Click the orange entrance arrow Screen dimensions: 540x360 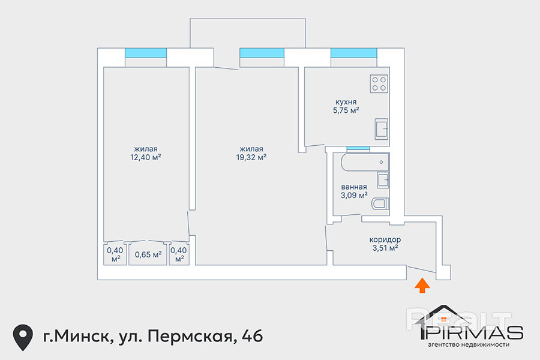pyautogui.click(x=422, y=286)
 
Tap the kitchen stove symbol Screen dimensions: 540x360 pyautogui.click(x=379, y=84)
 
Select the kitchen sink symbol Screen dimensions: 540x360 pyautogui.click(x=381, y=129)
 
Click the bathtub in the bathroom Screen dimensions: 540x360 pyautogui.click(x=365, y=162)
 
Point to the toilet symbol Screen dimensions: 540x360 pyautogui.click(x=380, y=203)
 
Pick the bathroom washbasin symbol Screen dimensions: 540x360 pyautogui.click(x=383, y=180)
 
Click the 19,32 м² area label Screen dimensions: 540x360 pyautogui.click(x=251, y=157)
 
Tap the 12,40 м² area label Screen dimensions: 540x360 pyautogui.click(x=146, y=157)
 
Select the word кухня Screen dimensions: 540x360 pyautogui.click(x=346, y=102)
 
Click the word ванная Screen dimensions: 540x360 pyautogui.click(x=353, y=187)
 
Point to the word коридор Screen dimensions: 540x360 pyautogui.click(x=385, y=239)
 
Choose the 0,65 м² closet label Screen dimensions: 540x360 pyautogui.click(x=148, y=254)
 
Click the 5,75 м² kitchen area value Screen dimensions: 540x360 pyautogui.click(x=346, y=110)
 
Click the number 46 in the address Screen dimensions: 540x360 pyautogui.click(x=253, y=336)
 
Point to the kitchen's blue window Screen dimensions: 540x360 pyautogui.click(x=353, y=53)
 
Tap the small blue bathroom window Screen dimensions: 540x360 pyautogui.click(x=358, y=148)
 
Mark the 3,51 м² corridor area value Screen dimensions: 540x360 pyautogui.click(x=385, y=248)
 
